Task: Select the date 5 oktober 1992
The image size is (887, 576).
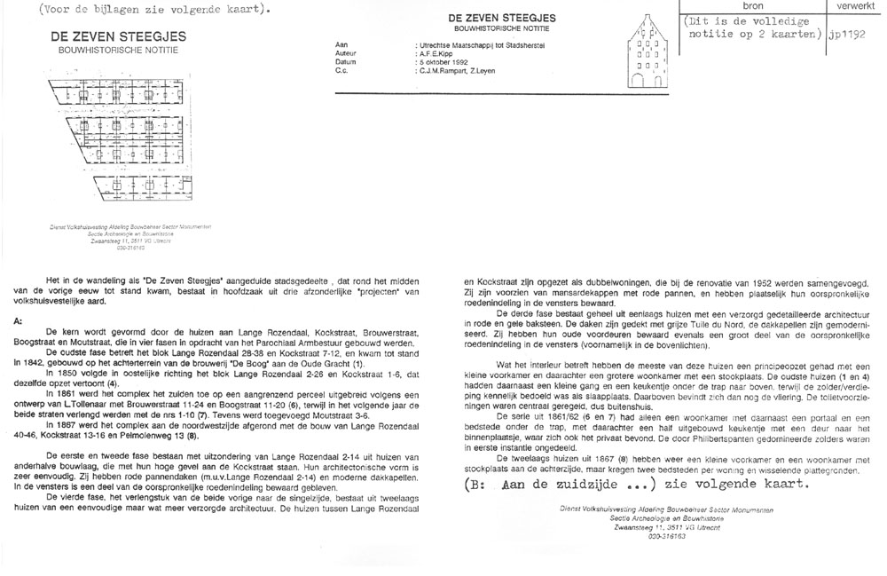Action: (x=448, y=62)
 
